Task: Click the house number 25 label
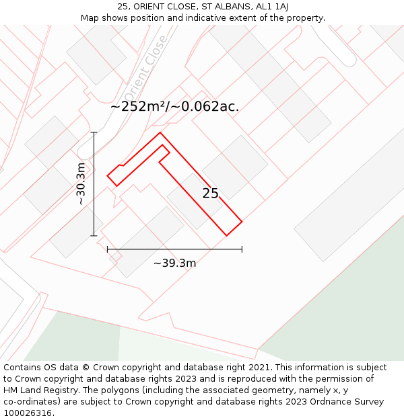point(211,194)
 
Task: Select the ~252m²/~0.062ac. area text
point(174,106)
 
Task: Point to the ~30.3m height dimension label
point(80,184)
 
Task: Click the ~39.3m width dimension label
point(174,263)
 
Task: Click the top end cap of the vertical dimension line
point(94,132)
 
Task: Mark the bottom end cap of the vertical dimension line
point(94,236)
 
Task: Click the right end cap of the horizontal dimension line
point(242,249)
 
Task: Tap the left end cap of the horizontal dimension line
point(108,249)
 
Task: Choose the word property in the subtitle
point(306,17)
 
